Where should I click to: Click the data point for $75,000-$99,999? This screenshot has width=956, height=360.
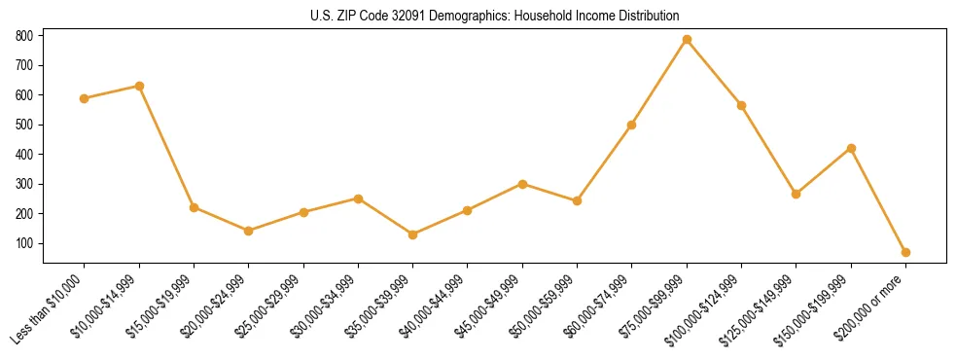coord(687,40)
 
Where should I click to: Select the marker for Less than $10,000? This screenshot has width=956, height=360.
coord(85,98)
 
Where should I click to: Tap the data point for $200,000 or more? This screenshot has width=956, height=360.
coord(905,252)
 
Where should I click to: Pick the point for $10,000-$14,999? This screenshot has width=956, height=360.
coord(139,86)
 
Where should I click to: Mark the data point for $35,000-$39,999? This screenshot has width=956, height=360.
coord(413,234)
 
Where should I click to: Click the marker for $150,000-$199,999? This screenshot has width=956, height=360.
coord(851,148)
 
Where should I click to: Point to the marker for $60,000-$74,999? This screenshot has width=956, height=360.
coord(632,125)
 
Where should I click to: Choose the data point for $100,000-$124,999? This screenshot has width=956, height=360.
coord(741,105)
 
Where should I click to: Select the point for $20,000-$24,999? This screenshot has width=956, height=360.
coord(249,231)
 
